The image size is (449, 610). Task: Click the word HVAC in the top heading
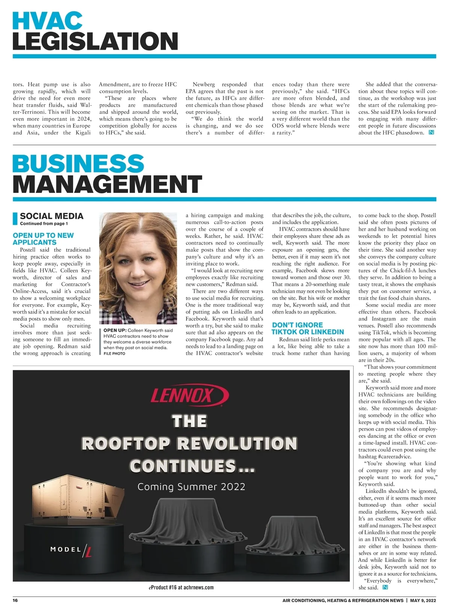[48, 21]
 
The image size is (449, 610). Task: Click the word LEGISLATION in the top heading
[95, 41]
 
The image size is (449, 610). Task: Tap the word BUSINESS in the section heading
[78, 164]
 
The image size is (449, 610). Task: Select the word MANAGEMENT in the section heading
[107, 184]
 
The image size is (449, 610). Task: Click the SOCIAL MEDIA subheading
[52, 216]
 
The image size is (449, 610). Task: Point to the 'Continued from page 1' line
[44, 224]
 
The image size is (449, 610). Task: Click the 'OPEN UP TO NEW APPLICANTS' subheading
[43, 239]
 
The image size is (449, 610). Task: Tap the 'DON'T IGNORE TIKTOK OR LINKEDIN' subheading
[308, 328]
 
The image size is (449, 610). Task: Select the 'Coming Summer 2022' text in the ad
[191, 487]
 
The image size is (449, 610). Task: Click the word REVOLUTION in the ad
[237, 444]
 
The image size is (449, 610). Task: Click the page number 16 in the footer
[15, 600]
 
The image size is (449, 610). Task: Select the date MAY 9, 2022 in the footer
[423, 600]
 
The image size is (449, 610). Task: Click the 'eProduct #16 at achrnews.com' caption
[181, 587]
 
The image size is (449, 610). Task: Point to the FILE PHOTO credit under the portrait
[114, 353]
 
